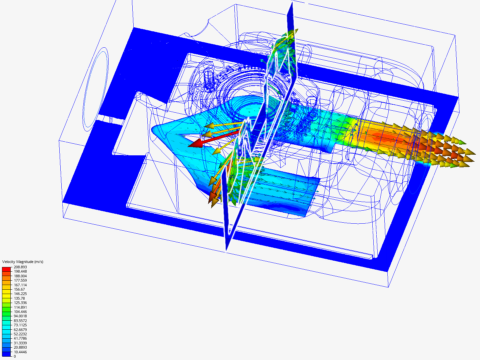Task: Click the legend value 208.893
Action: tap(20, 267)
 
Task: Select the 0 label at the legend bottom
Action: tap(15, 357)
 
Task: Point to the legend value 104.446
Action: tap(20, 312)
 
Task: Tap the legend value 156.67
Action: tap(19, 289)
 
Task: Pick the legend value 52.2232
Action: tap(20, 334)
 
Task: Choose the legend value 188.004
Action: tap(20, 276)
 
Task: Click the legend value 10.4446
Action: tap(20, 352)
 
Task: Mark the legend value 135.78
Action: tap(19, 298)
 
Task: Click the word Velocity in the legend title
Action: tap(9, 262)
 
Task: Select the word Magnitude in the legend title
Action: tap(25, 262)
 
